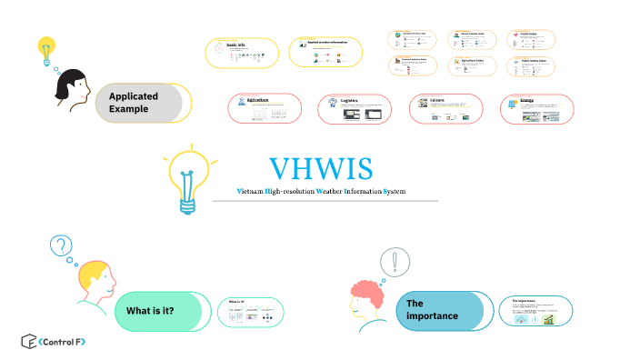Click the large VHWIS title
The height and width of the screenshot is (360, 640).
point(321,169)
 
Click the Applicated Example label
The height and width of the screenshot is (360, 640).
point(134,103)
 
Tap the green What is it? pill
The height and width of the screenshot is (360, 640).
point(150,311)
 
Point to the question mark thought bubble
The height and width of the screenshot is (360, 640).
point(61,245)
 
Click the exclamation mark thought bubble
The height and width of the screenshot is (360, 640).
point(395,262)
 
